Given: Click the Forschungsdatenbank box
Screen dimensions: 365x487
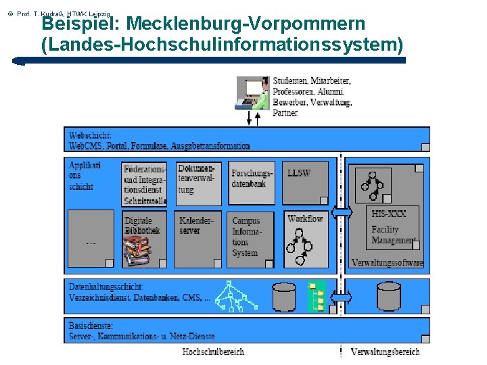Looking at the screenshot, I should [x=252, y=182].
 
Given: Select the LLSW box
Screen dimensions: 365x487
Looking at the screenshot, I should [x=304, y=182].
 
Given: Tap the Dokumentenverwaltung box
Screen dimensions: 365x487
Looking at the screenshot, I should [x=199, y=182].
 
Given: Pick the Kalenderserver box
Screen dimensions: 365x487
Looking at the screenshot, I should [x=199, y=239].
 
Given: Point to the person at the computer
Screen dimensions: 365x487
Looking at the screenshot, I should [x=253, y=93].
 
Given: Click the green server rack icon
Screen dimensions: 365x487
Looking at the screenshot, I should [x=317, y=296].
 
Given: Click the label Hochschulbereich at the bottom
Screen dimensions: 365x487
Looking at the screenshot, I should [x=213, y=351].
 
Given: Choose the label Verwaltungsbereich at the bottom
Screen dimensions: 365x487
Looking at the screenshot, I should [x=385, y=351].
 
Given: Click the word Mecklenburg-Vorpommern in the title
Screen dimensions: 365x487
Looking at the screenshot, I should [x=246, y=24].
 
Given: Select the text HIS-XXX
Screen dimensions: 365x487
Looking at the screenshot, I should [x=388, y=214].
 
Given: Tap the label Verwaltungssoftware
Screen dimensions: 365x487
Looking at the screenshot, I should [x=387, y=262].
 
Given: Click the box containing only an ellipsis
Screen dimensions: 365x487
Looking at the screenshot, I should [x=91, y=239].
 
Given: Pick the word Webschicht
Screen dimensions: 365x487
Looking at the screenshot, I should [x=91, y=135].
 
